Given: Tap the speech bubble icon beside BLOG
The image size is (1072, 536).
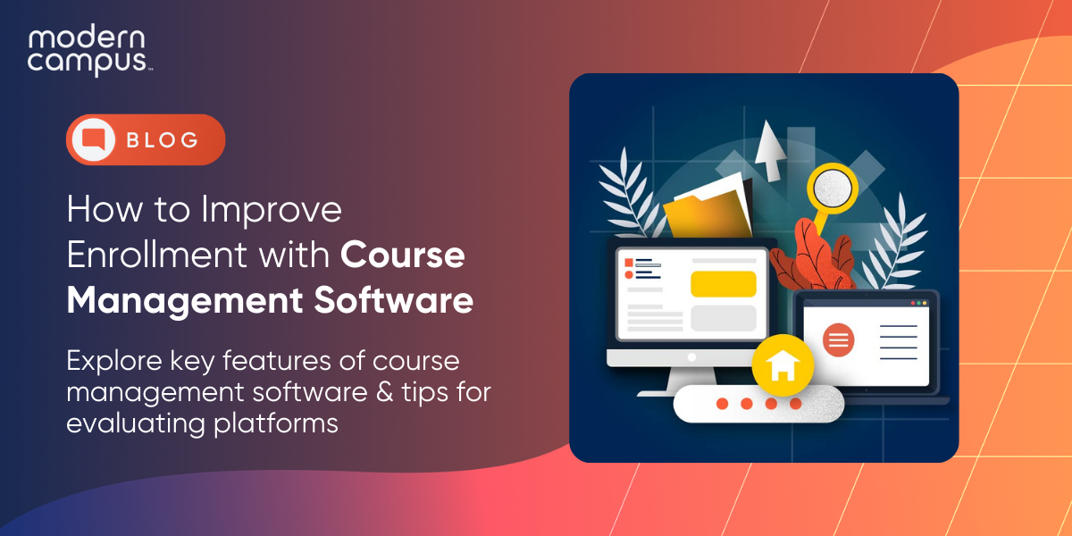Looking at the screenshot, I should coord(94,139).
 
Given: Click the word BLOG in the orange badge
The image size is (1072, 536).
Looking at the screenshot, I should coord(162,140).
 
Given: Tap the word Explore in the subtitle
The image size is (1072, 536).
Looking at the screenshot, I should coord(117,362).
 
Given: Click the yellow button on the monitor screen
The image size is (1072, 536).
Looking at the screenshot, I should coord(723,283).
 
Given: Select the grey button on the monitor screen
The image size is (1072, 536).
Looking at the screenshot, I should coord(723,318).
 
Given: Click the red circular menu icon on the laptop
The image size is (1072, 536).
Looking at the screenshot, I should coord(838,339).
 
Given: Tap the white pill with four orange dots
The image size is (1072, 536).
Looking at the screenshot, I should coord(758,404).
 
